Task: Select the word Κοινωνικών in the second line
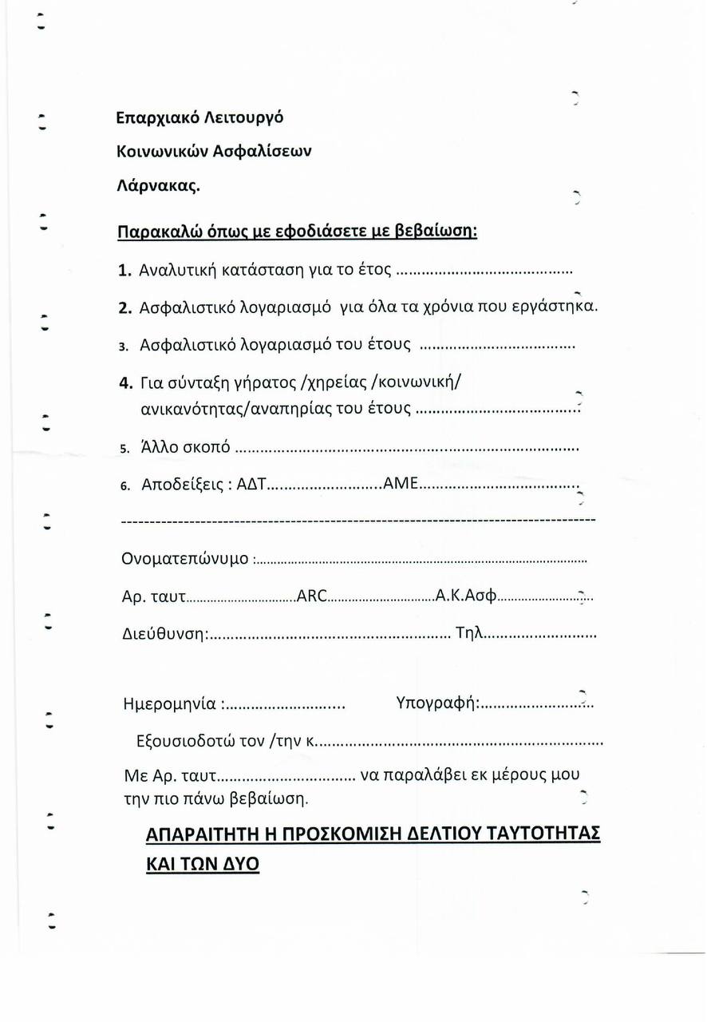pos(164,152)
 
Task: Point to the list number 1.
pos(124,270)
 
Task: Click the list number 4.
pos(124,381)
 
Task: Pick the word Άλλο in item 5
pos(162,446)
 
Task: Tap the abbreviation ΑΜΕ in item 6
pos(401,484)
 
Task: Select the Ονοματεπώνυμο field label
pos(185,558)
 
